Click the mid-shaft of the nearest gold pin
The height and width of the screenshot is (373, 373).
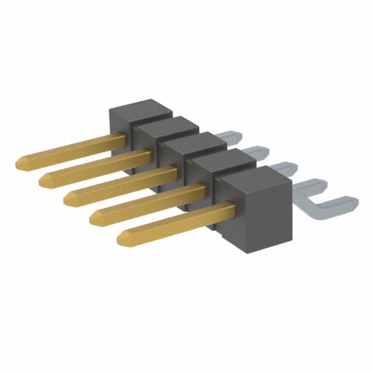click(175, 223)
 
